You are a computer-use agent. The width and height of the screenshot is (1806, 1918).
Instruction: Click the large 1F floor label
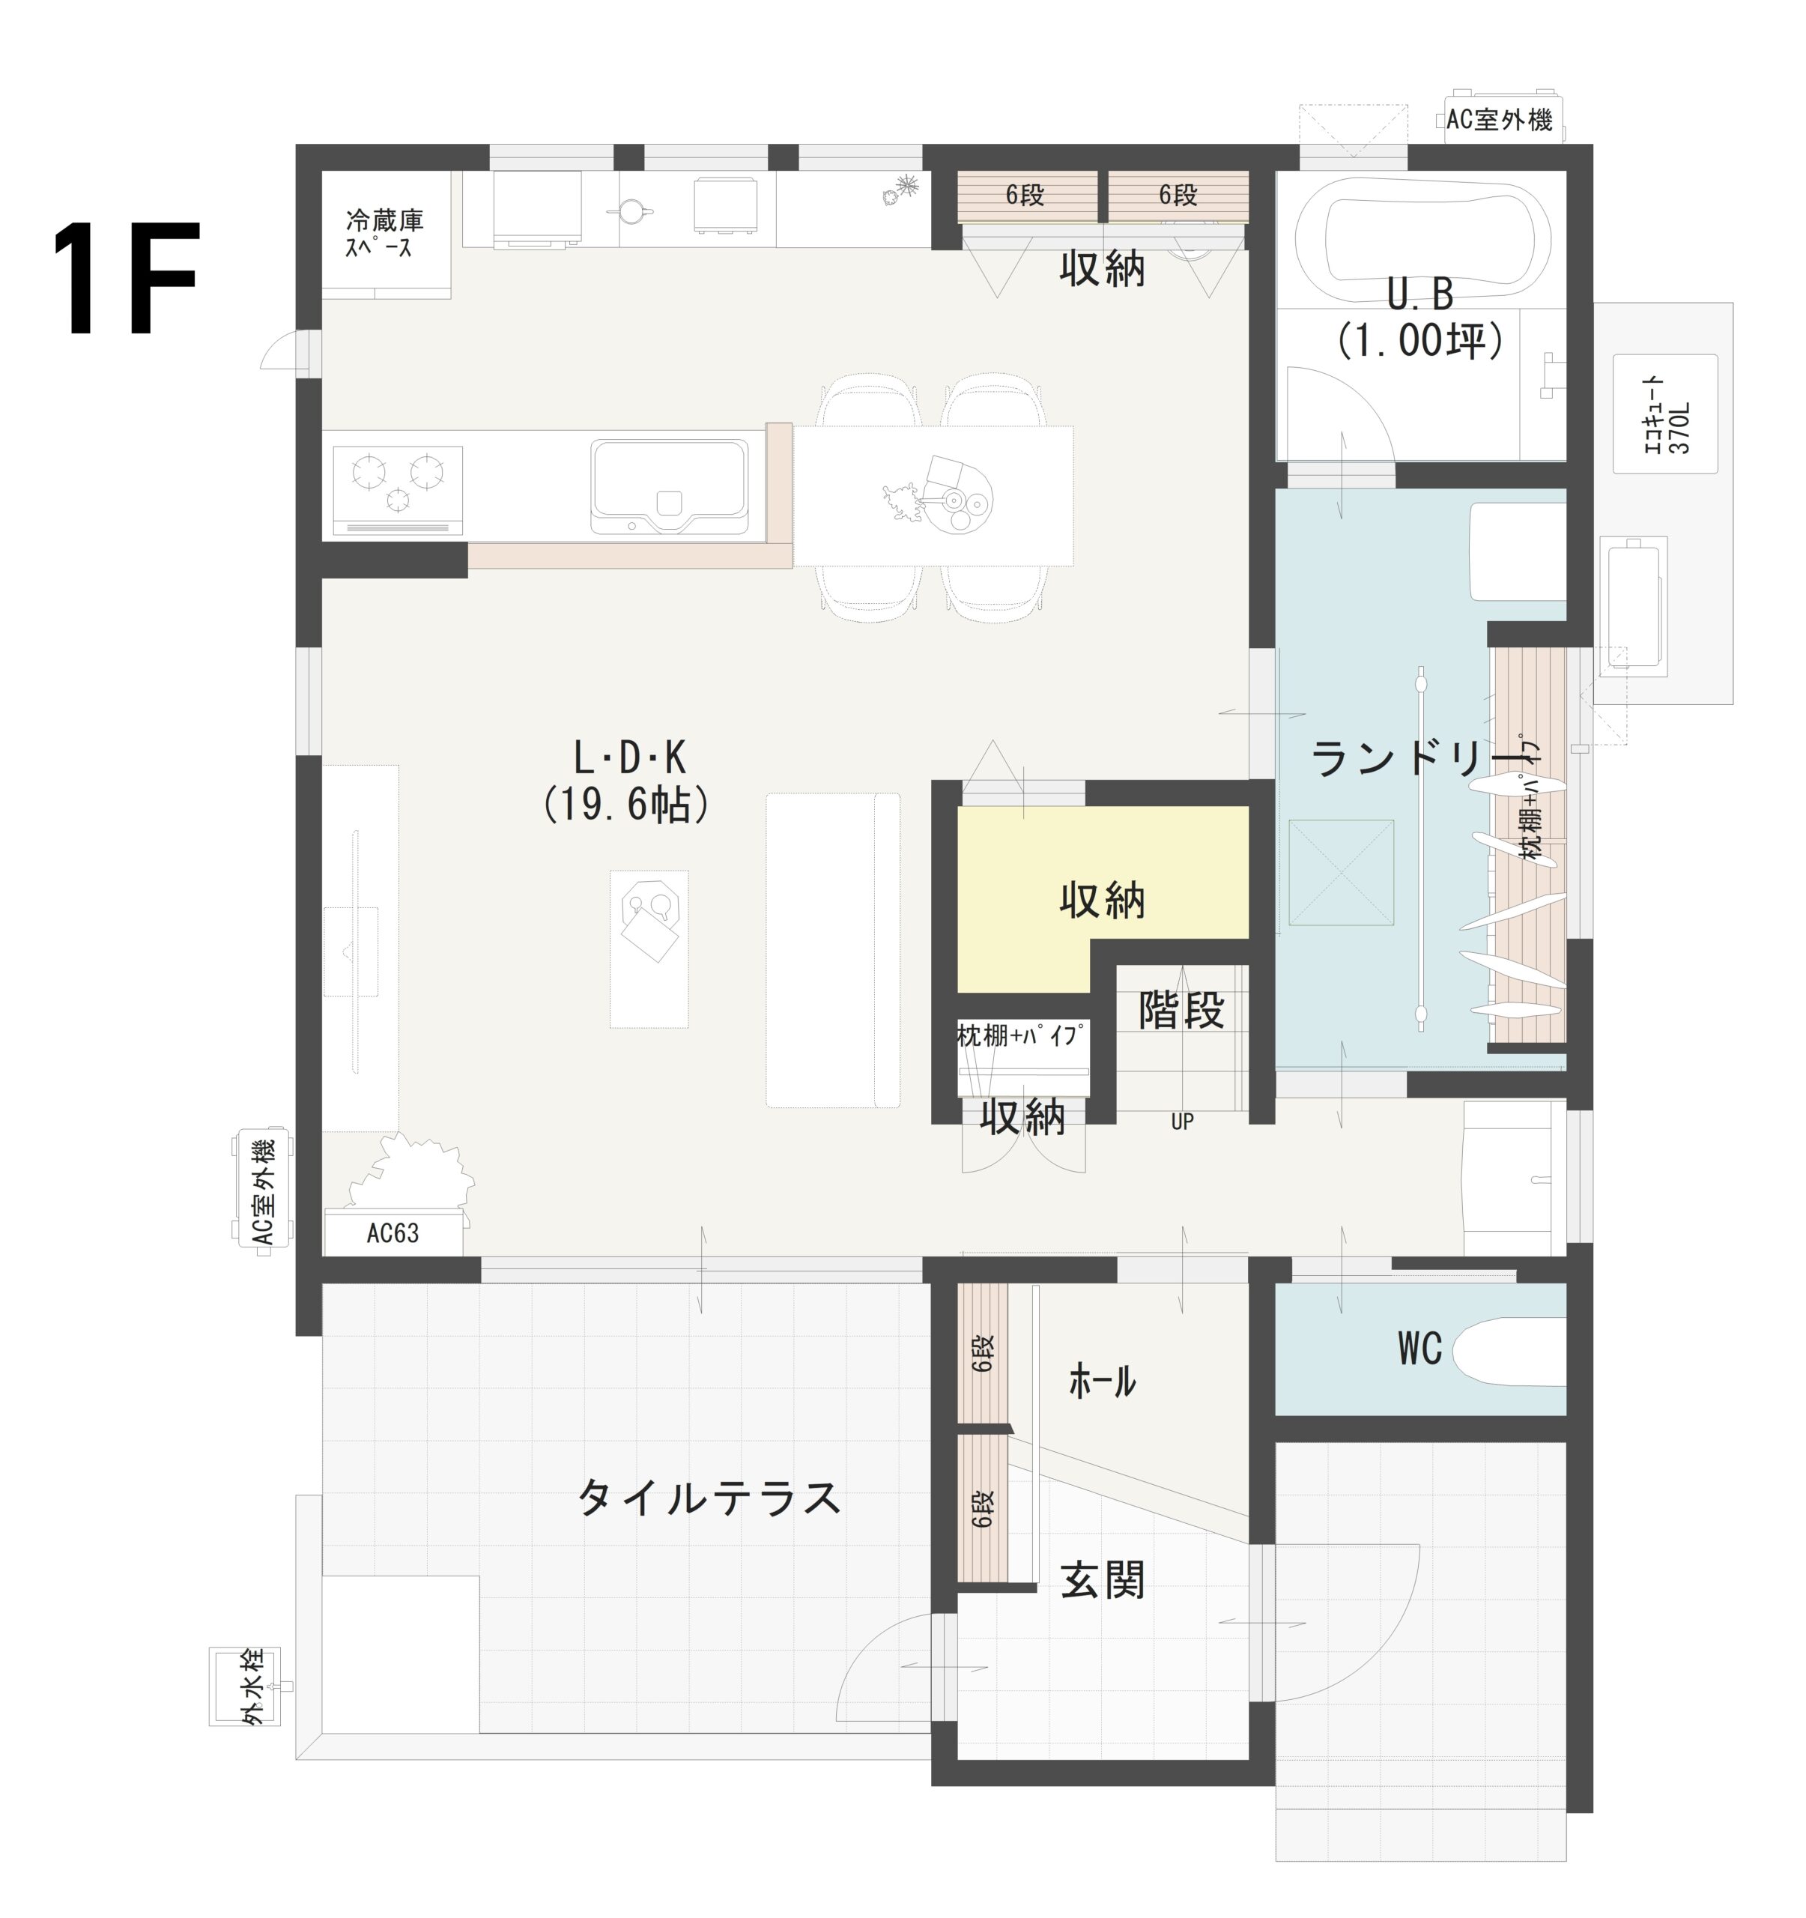coord(125,279)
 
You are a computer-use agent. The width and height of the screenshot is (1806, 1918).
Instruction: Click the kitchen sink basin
coord(669,485)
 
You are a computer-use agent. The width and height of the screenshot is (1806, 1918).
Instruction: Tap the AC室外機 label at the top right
coord(1502,120)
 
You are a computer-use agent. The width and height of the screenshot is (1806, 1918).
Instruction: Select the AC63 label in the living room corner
coord(393,1233)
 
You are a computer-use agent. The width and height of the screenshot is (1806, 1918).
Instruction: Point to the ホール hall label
coord(1102,1382)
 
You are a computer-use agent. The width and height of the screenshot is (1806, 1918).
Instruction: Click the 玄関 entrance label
coord(1102,1579)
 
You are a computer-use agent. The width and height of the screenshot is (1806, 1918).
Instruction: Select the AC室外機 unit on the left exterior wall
coord(261,1193)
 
